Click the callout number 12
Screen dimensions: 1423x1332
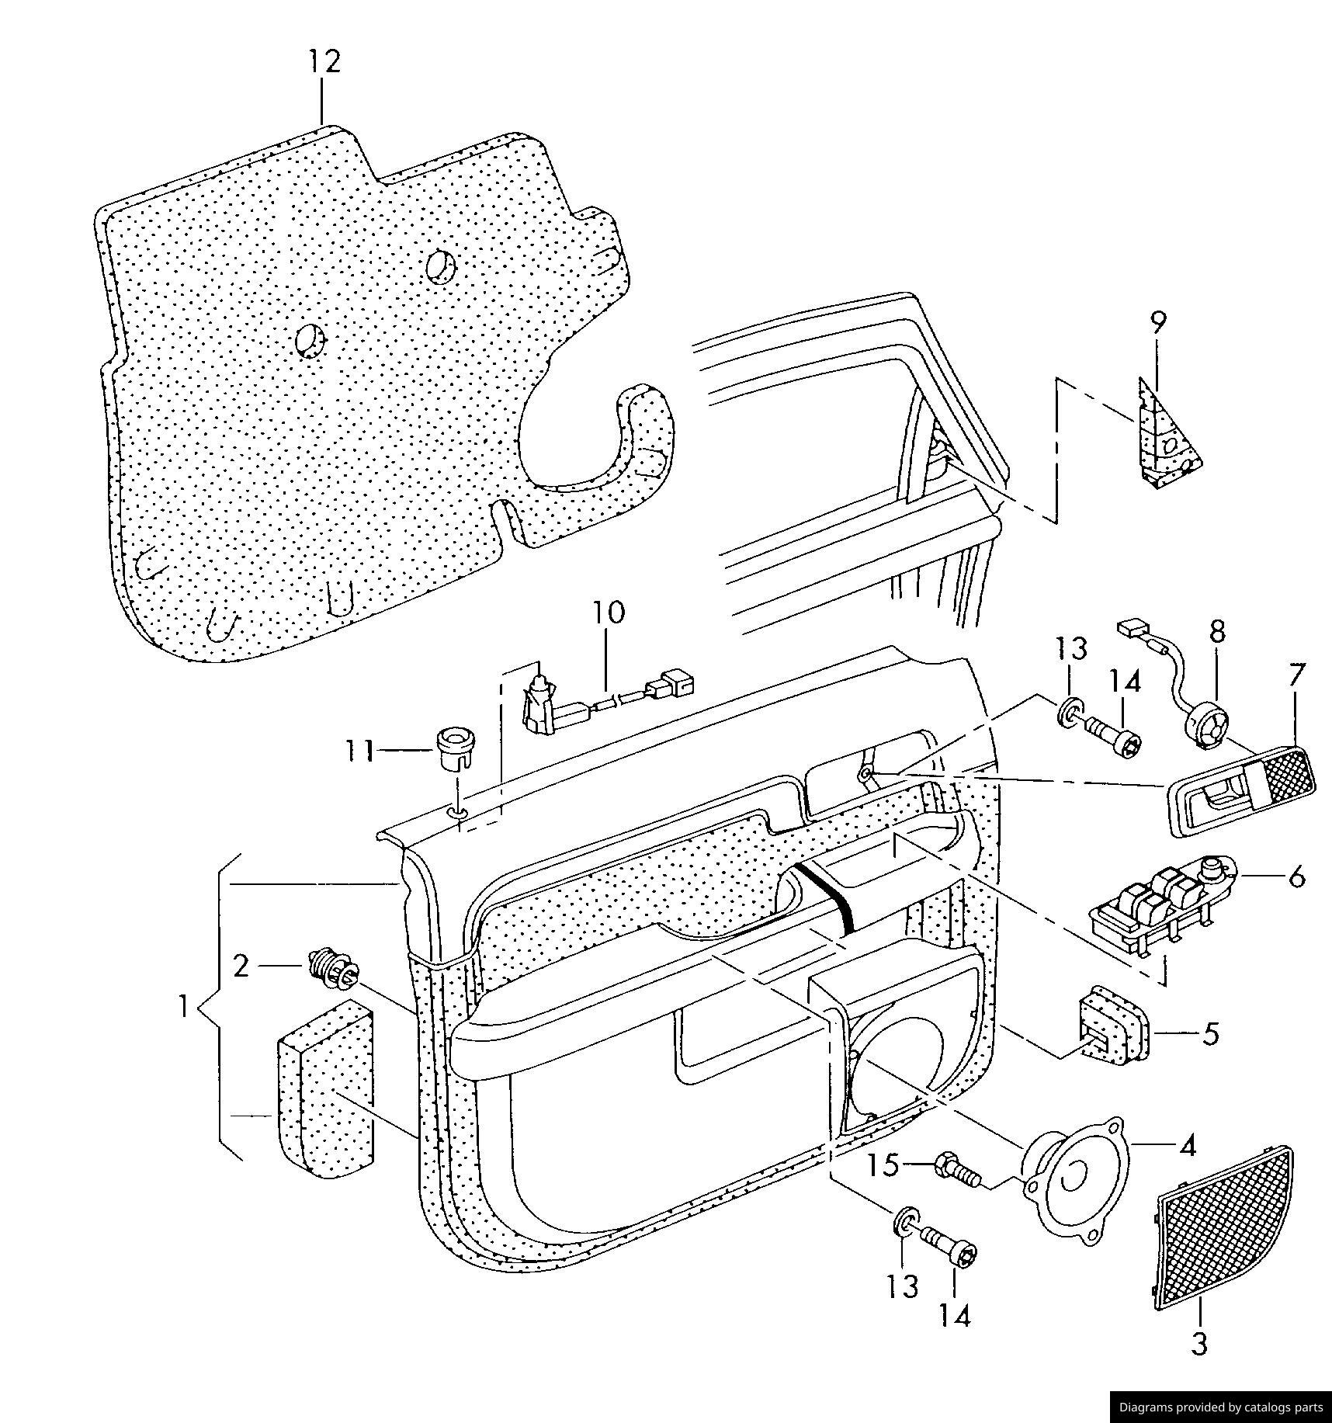pos(324,61)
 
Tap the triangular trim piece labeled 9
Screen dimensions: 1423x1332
pos(1167,439)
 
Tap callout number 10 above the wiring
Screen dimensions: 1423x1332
pos(609,612)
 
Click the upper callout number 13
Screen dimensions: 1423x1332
pos(1070,649)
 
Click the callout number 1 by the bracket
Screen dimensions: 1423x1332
pos(183,1008)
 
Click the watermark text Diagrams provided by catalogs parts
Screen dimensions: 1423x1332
pos(1219,1407)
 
